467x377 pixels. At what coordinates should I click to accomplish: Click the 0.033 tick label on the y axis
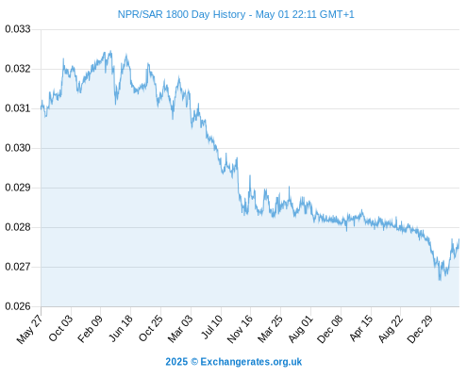(18, 29)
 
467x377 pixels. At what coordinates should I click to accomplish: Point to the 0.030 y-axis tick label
(18, 148)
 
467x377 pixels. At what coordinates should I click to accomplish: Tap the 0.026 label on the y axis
(18, 306)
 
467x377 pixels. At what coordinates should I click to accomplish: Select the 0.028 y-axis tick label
(18, 227)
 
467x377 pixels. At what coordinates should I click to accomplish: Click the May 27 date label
(30, 330)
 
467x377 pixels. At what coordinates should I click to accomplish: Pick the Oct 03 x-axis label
(60, 328)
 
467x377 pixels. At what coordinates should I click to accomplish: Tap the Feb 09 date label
(91, 329)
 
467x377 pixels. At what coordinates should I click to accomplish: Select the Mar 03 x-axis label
(180, 329)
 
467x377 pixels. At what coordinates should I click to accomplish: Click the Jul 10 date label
(212, 327)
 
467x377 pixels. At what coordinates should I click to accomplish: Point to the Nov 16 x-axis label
(240, 329)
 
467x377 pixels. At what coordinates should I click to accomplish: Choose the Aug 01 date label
(301, 329)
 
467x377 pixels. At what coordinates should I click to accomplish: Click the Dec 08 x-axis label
(330, 330)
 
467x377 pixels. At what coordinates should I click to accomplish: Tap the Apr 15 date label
(361, 328)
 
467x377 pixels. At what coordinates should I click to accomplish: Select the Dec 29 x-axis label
(420, 329)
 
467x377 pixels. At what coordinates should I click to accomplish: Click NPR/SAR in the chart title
(141, 14)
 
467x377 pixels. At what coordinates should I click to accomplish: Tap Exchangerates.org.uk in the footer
(251, 362)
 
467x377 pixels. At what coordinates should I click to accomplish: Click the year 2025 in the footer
(176, 362)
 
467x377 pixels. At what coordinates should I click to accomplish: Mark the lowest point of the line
(440, 280)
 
